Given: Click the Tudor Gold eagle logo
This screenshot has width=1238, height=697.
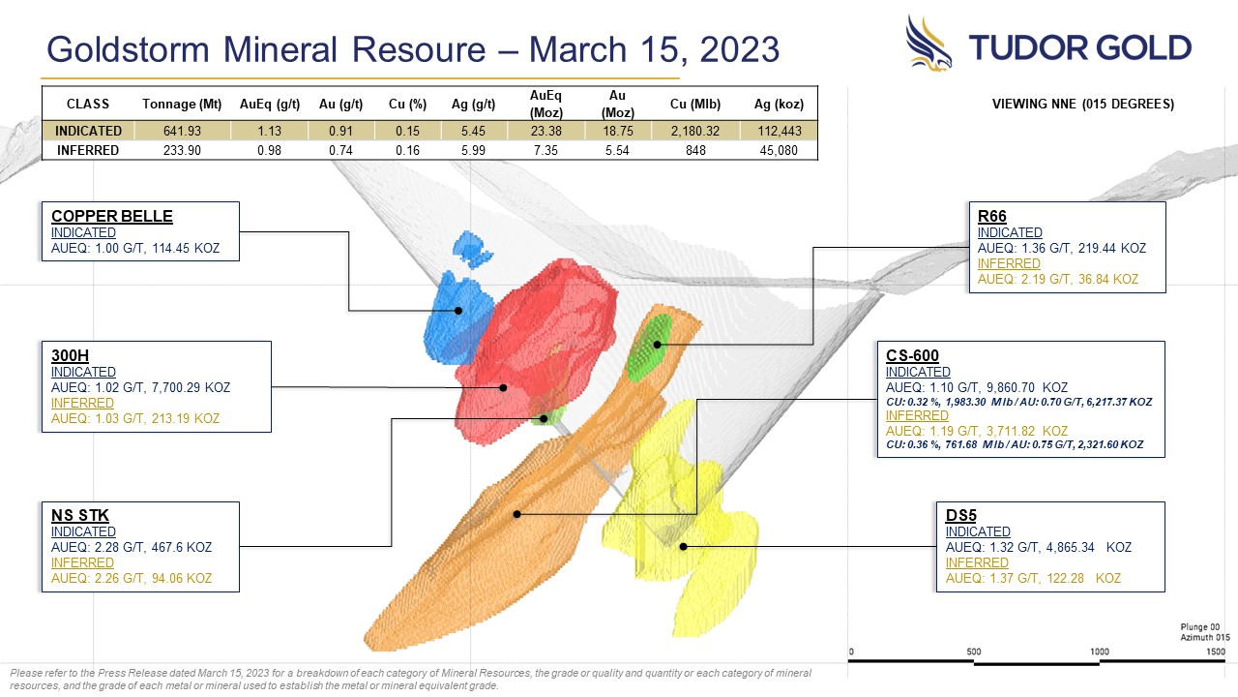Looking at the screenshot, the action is (x=928, y=44).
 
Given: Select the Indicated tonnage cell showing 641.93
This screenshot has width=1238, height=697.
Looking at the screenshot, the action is (x=182, y=131).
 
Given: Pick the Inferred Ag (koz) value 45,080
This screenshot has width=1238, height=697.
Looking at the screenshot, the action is (x=779, y=150).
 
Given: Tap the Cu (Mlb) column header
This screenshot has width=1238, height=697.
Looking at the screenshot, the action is (x=695, y=104).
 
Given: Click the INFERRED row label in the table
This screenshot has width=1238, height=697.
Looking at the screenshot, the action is (x=88, y=150).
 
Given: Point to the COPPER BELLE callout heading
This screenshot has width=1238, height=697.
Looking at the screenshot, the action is (x=111, y=216).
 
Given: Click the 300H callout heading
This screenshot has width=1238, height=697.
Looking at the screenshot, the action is (x=70, y=355).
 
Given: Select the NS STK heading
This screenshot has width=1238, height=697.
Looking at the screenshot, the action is (x=79, y=516).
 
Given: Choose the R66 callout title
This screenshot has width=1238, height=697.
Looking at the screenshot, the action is (x=991, y=216).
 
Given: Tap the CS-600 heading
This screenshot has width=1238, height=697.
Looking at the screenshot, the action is (x=912, y=355).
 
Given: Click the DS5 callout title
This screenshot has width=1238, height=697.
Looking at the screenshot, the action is (x=960, y=516).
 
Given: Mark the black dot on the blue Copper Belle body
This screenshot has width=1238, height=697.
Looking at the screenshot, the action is (x=458, y=311).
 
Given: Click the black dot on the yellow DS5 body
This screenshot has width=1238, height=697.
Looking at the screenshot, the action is (x=683, y=547).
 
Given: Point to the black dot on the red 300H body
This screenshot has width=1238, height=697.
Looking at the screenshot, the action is (x=503, y=388).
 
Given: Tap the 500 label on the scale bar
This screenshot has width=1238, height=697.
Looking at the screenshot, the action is (x=974, y=652).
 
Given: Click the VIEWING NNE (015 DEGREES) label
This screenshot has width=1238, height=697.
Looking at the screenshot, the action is (x=1082, y=104).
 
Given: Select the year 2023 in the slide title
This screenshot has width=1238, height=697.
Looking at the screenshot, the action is (x=740, y=49).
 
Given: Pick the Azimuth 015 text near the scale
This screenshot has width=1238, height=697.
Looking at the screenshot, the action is (x=1205, y=637).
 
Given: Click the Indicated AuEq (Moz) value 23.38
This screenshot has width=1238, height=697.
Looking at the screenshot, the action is (x=546, y=131).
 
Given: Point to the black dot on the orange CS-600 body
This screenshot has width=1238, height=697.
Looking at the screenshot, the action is (x=516, y=514).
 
